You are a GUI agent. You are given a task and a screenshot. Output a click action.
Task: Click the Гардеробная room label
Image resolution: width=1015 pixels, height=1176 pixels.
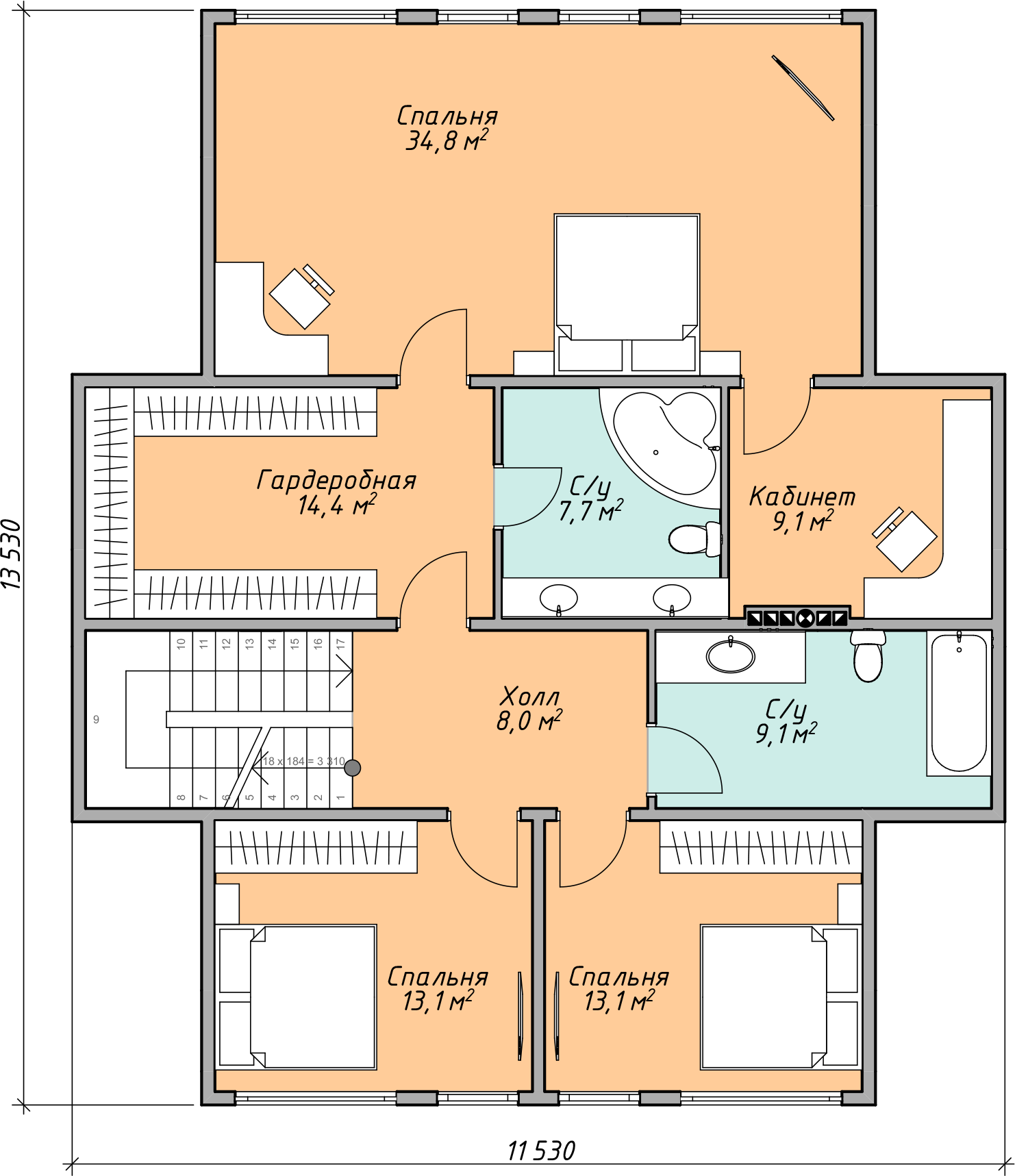coord(336,480)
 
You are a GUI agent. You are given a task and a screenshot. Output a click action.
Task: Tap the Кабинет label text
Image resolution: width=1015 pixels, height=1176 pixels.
coord(802,497)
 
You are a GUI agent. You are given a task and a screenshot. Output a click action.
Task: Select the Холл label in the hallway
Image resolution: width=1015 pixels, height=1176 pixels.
coord(530,697)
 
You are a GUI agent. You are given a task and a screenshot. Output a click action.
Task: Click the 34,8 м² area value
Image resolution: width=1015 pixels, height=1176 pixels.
coord(447,140)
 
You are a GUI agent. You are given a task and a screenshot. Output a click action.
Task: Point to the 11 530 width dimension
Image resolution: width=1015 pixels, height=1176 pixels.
coord(541,1151)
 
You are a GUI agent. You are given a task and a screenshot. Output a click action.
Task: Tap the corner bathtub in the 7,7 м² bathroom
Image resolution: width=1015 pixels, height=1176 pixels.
coord(661,445)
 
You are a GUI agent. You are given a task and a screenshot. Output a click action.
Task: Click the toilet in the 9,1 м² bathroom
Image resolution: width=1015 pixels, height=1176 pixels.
coord(868,656)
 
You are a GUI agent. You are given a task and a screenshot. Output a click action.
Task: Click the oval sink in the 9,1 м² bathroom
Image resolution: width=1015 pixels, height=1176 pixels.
coord(731,655)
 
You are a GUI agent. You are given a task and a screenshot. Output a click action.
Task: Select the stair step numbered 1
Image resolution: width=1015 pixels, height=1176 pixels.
coord(340,777)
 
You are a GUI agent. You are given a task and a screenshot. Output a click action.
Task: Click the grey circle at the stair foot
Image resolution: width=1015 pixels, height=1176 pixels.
coord(352,768)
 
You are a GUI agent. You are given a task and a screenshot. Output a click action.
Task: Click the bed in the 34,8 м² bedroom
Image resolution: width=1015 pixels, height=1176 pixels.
coord(627,294)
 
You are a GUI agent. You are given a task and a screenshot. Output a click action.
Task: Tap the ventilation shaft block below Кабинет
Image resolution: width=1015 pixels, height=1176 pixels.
coord(797,617)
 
